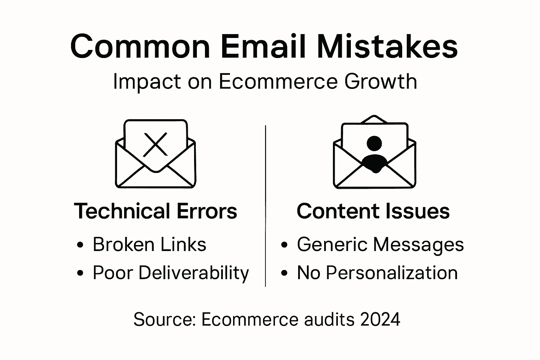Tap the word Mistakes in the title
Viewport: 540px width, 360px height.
click(x=387, y=47)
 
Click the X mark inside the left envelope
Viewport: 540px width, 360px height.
click(x=155, y=144)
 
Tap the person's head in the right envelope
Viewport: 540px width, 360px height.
click(x=374, y=143)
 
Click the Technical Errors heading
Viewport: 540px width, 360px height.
click(x=155, y=211)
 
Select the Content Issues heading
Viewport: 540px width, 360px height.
click(x=373, y=211)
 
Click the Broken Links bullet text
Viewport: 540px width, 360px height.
click(x=149, y=244)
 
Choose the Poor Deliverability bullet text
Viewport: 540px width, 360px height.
click(x=171, y=273)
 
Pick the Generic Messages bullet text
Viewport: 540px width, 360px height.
click(x=380, y=244)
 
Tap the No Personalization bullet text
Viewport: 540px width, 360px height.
click(x=377, y=273)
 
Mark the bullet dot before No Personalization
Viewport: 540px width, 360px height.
click(x=285, y=273)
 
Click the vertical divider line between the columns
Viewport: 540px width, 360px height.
click(x=265, y=206)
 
